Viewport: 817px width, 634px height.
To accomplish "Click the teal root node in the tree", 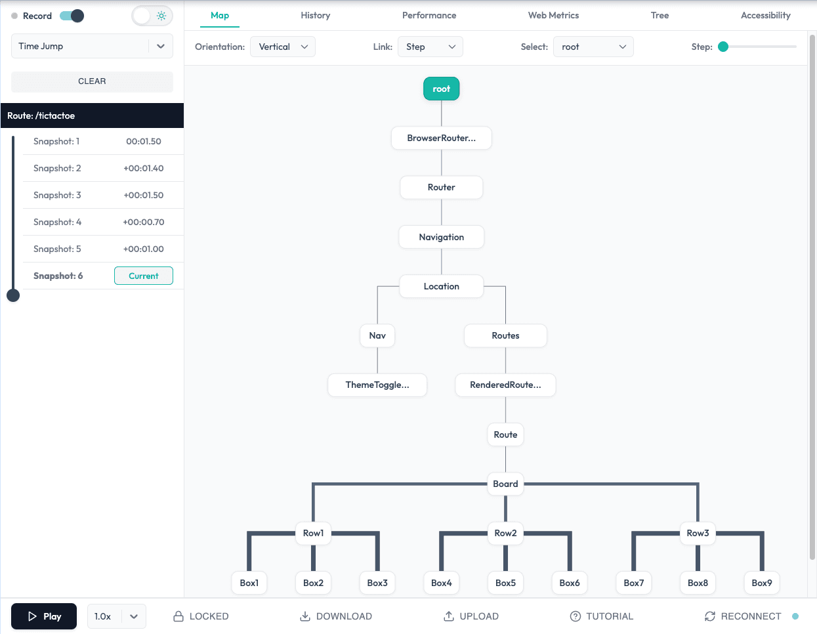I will pyautogui.click(x=441, y=89).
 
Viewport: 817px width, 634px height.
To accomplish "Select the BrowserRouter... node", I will pyautogui.click(x=441, y=138).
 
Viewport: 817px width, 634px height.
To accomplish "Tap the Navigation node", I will pyautogui.click(x=441, y=237).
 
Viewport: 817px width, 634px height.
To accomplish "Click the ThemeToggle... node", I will pyautogui.click(x=377, y=385).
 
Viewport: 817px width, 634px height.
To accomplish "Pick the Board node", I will pyautogui.click(x=505, y=484).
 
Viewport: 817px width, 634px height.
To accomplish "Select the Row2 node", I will pyautogui.click(x=505, y=533).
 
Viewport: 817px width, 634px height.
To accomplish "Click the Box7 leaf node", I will pyautogui.click(x=633, y=583).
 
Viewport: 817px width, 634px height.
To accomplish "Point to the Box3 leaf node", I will pyautogui.click(x=377, y=583).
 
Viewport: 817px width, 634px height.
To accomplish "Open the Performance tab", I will pyautogui.click(x=429, y=15).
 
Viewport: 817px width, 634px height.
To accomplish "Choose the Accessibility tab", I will pyautogui.click(x=765, y=15).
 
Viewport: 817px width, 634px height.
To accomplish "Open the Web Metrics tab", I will pyautogui.click(x=553, y=15).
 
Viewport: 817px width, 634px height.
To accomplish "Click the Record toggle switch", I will pyautogui.click(x=72, y=16).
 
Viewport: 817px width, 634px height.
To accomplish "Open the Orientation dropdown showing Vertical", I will pyautogui.click(x=283, y=47).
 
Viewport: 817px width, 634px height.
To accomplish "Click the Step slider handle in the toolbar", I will pyautogui.click(x=723, y=47).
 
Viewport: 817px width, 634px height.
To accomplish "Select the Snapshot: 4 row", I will pyautogui.click(x=98, y=222).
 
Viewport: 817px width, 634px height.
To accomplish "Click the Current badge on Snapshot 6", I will pyautogui.click(x=144, y=276).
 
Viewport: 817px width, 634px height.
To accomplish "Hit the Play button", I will pyautogui.click(x=44, y=616).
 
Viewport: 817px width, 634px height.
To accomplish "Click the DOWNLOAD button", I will pyautogui.click(x=336, y=616).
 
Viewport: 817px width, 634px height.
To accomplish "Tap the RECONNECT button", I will pyautogui.click(x=743, y=616).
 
